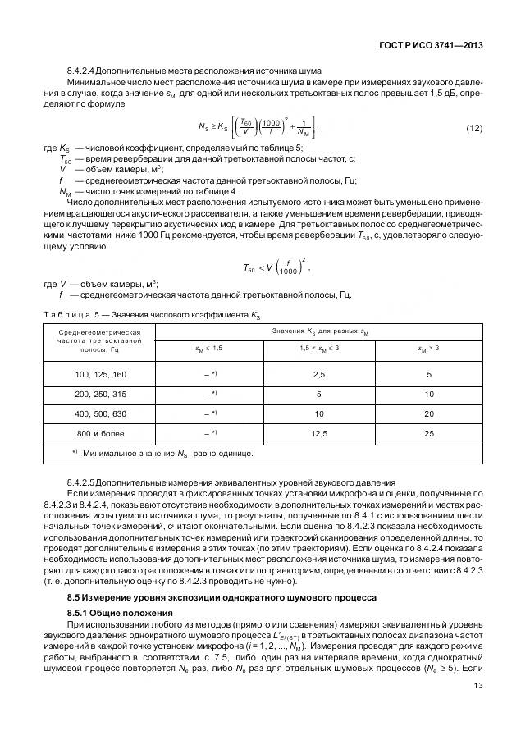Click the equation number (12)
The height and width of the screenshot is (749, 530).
tap(473, 128)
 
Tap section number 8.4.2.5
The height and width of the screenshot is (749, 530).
tap(83, 482)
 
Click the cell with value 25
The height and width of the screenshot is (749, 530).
tap(428, 432)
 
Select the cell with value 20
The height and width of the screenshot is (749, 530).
tap(428, 413)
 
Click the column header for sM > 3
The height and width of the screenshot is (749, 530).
tap(428, 349)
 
